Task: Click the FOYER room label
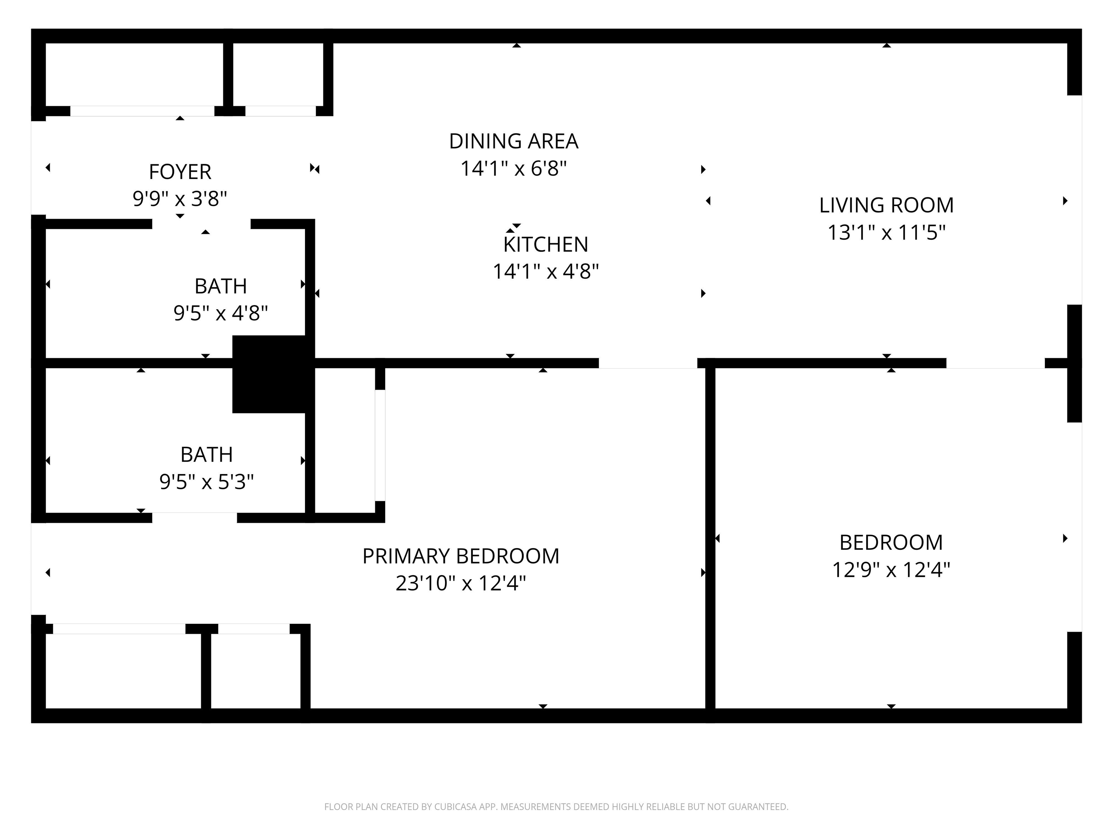180,172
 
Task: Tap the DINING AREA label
514,141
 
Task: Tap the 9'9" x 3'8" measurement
180,199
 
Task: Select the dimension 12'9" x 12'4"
891,570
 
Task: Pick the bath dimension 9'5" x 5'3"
206,482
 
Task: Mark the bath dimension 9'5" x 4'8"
220,313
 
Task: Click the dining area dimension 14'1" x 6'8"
514,169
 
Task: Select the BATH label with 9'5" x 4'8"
220,286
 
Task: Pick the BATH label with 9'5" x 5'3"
206,455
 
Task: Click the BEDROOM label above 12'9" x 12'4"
891,543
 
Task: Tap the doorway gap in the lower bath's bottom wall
195,518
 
